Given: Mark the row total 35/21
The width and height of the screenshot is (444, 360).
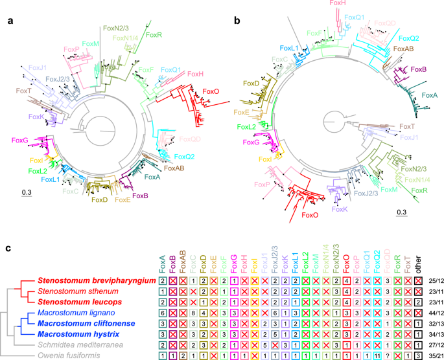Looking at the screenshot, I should [436, 355].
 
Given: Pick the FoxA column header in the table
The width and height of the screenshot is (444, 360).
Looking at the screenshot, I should [162, 262].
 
